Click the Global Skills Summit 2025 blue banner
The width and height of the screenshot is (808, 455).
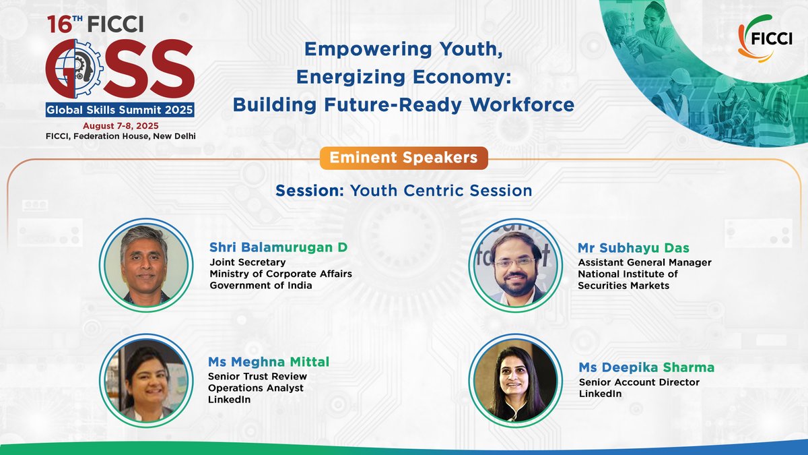120,110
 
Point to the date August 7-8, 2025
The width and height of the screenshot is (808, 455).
121,126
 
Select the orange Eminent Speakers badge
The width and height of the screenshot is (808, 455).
404,158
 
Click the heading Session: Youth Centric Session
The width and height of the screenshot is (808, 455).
404,191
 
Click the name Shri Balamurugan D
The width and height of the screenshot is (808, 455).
278,247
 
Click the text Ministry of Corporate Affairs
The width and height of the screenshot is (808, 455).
281,274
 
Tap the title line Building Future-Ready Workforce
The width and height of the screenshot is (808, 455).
403,104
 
